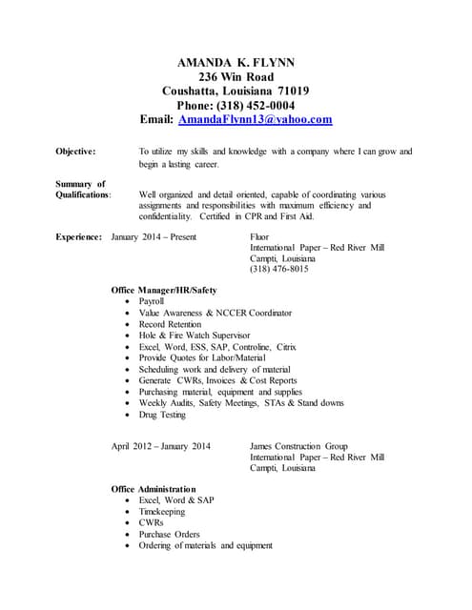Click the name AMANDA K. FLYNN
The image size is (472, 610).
236,63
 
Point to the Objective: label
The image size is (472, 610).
75,152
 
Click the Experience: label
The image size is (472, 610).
79,235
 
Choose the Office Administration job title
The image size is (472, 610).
154,489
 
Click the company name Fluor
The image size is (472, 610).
259,235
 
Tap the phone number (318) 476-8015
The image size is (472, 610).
278,270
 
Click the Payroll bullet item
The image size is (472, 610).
152,301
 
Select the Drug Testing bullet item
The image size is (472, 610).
162,415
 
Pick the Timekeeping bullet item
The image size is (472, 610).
164,512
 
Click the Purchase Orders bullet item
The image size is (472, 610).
169,535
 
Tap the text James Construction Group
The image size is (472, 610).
298,446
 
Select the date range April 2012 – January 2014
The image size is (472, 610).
161,446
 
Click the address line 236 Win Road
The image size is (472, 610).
236,77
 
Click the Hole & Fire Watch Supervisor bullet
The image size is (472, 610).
195,335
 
